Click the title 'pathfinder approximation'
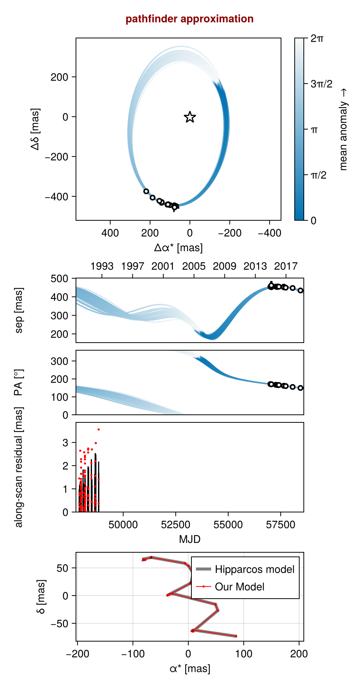(x=189, y=19)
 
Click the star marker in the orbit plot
(x=190, y=117)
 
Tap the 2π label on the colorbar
(x=317, y=38)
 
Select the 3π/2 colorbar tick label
(x=321, y=84)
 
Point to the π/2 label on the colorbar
(x=318, y=175)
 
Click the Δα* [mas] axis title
(x=178, y=248)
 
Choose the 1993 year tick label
(x=102, y=266)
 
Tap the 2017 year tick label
(x=286, y=266)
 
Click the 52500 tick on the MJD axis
(x=175, y=525)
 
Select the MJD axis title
(x=189, y=539)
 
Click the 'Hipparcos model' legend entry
(x=254, y=569)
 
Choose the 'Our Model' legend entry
(x=240, y=587)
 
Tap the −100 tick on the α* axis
(x=133, y=654)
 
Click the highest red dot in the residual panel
(x=98, y=430)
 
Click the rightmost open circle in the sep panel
(x=300, y=291)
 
